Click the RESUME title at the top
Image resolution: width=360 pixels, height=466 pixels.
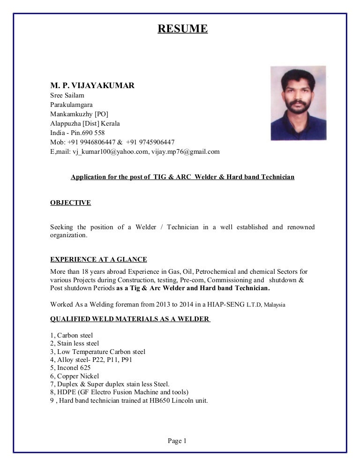182,30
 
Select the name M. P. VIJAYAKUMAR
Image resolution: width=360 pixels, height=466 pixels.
92,86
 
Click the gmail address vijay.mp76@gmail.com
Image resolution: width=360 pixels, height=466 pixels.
186,152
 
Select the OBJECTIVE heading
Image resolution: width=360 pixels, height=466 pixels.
70,203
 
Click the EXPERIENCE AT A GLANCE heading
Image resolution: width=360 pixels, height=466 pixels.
98,259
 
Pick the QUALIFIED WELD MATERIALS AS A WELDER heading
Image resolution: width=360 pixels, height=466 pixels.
130,319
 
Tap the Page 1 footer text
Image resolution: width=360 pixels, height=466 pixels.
177,441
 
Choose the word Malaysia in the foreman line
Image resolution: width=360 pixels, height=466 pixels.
275,305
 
